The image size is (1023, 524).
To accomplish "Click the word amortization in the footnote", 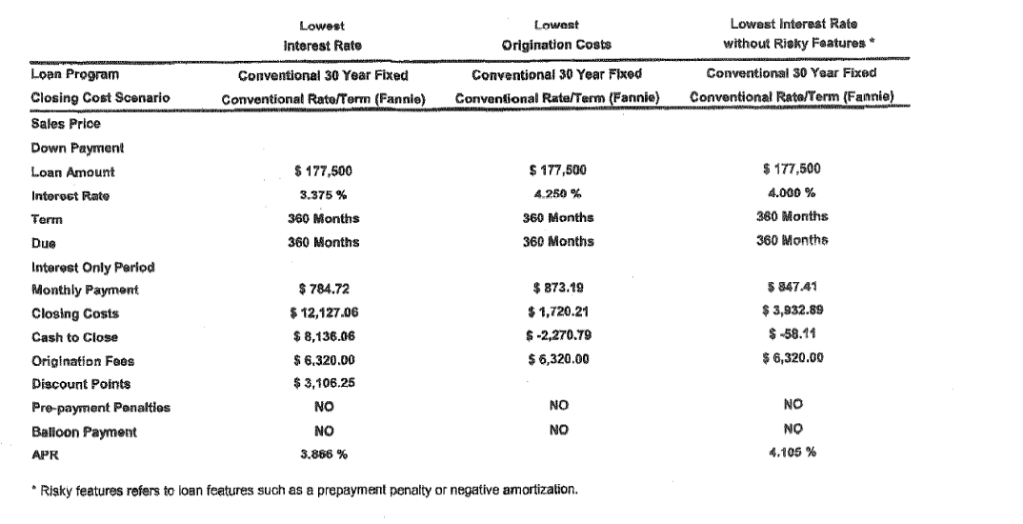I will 541,491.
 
